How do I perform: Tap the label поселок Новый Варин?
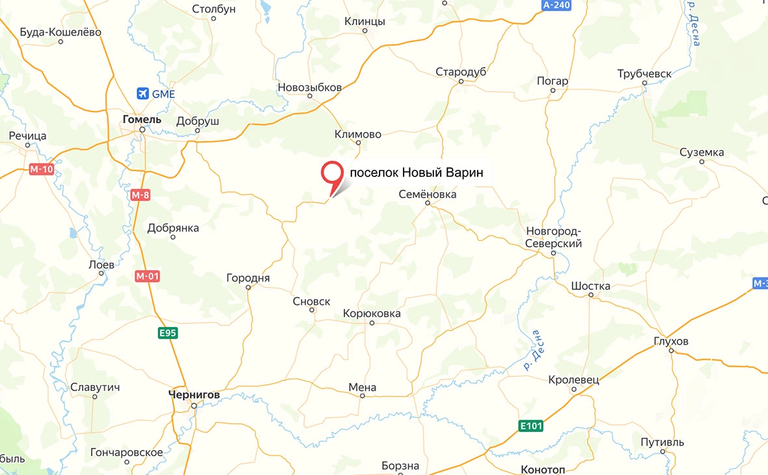click(x=417, y=173)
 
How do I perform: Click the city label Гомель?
click(x=141, y=119)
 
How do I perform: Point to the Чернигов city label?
click(x=194, y=395)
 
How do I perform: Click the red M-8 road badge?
click(x=140, y=195)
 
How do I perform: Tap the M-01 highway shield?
click(x=148, y=276)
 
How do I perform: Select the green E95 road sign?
click(x=168, y=333)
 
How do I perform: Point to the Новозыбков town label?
click(x=310, y=87)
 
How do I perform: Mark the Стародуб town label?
click(x=461, y=72)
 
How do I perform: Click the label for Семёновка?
click(x=428, y=194)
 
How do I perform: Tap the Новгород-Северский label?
click(x=553, y=237)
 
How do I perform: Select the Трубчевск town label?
click(x=644, y=74)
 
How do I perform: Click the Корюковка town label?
click(x=372, y=313)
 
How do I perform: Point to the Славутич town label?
click(x=95, y=387)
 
